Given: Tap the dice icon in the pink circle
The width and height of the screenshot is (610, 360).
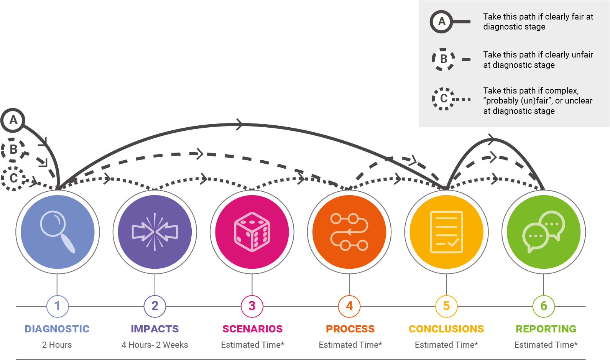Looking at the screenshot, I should coord(252,232).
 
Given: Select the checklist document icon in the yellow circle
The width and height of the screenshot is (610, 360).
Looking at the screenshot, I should coord(446,232).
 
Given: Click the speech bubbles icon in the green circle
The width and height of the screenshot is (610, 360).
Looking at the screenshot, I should coord(543,232).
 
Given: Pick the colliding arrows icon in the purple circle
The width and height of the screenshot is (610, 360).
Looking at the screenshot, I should coord(155,232).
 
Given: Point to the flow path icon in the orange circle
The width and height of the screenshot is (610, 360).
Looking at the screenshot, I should coord(349,232).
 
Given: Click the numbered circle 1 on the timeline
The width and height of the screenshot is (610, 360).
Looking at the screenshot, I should coord(58,306).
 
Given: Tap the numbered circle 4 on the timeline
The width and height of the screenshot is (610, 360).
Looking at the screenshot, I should coord(349,306).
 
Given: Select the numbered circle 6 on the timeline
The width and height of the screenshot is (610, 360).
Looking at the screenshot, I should coord(544,306).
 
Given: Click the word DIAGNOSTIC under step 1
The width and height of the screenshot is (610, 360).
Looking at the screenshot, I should coord(57,329).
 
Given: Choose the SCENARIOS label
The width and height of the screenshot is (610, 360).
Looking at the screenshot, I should coord(252,329).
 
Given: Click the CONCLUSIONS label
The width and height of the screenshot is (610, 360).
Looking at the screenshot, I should coord(446,329).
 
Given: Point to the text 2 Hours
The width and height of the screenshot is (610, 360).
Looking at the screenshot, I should coord(57,345).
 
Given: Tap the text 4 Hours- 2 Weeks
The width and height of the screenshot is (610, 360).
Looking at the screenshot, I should coord(155,345).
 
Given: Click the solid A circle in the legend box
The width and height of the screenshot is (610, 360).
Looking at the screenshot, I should coord(442,21).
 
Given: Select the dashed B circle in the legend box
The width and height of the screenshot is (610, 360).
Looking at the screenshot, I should coord(443,59).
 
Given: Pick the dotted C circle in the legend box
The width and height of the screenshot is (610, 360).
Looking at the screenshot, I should coord(443,99).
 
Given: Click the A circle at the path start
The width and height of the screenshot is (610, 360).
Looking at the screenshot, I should coord(13,120).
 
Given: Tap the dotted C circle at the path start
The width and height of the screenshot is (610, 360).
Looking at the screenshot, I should coord(13,178).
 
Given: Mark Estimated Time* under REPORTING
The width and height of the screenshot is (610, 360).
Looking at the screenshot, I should coord(546,345).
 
